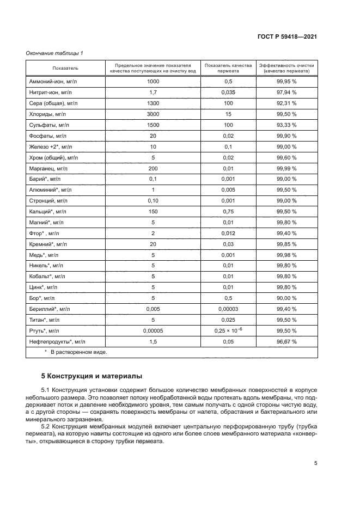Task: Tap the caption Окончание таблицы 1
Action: click(x=54, y=53)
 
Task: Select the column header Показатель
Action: click(x=65, y=68)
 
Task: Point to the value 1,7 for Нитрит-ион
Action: click(x=152, y=92)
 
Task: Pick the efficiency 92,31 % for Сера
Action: click(x=286, y=103)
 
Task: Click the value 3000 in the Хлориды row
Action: click(x=152, y=114)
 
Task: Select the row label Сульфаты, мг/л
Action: click(x=48, y=125)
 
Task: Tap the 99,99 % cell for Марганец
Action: click(x=286, y=168)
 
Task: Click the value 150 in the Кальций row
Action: click(x=152, y=211)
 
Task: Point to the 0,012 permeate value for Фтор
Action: click(x=228, y=233)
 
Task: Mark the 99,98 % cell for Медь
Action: click(x=286, y=255)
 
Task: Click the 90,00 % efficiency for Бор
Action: click(x=286, y=298)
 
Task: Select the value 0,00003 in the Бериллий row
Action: click(x=228, y=309)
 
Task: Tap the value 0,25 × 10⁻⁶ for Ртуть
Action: click(x=228, y=330)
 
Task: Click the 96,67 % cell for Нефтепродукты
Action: click(x=286, y=341)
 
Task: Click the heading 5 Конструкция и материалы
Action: click(x=92, y=376)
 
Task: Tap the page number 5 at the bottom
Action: click(x=315, y=463)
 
